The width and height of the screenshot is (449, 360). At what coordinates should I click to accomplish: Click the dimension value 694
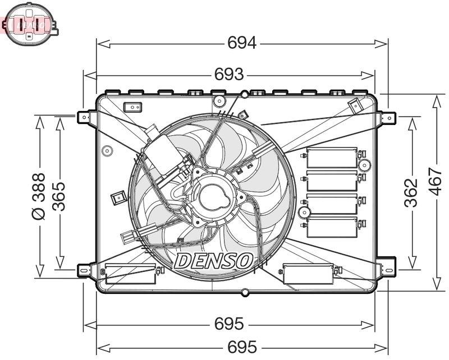[x=242, y=43]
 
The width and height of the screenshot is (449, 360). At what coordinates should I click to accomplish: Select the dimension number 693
[x=229, y=74]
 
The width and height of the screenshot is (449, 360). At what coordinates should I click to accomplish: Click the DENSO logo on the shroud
[x=214, y=260]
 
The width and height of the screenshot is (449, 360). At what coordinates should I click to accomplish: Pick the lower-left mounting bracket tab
[x=84, y=270]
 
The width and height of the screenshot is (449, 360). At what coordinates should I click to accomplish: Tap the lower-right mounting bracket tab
[x=387, y=270]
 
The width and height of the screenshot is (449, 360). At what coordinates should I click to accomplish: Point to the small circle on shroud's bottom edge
[x=244, y=292]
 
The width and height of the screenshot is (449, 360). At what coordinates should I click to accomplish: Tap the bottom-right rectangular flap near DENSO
[x=308, y=273]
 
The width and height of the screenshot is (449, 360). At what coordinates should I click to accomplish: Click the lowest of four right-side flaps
[x=332, y=225]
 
